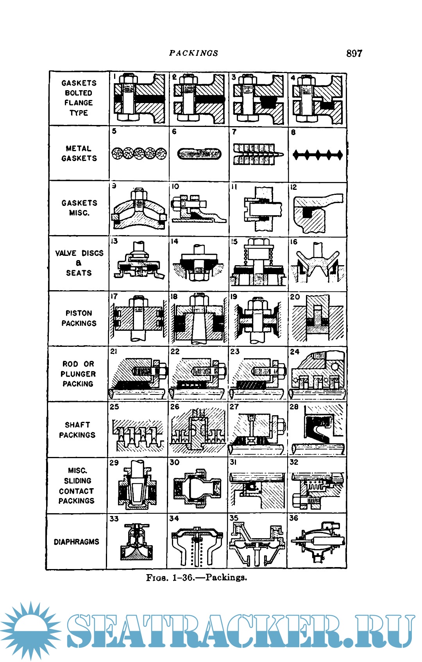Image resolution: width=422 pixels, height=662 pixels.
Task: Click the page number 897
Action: pyautogui.click(x=354, y=53)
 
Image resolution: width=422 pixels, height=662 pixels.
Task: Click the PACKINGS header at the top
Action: pyautogui.click(x=194, y=53)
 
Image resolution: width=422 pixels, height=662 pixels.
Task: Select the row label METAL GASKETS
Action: pyautogui.click(x=79, y=153)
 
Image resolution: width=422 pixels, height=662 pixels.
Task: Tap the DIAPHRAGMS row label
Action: pyautogui.click(x=76, y=542)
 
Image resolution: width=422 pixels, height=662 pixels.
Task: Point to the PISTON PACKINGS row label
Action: pyautogui.click(x=79, y=318)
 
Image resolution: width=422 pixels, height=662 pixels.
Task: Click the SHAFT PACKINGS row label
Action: pyautogui.click(x=77, y=430)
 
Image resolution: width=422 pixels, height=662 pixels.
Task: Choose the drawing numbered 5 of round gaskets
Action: pyautogui.click(x=139, y=153)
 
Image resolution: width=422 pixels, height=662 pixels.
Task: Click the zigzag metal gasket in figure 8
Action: pyautogui.click(x=318, y=154)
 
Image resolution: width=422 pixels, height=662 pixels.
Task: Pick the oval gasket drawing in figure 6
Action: pyautogui.click(x=199, y=154)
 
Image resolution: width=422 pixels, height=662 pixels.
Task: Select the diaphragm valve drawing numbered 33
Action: pyautogui.click(x=137, y=542)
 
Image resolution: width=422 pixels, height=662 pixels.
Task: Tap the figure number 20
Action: pyautogui.click(x=295, y=297)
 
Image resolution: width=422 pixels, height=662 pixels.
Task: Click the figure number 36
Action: pyautogui.click(x=294, y=518)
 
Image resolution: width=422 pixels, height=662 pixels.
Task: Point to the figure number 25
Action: pyautogui.click(x=114, y=407)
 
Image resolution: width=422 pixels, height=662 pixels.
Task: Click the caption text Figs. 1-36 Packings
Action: pyautogui.click(x=197, y=577)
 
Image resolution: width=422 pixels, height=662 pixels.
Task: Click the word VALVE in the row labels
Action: pyautogui.click(x=66, y=253)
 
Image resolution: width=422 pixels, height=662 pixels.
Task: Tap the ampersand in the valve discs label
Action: pyautogui.click(x=79, y=263)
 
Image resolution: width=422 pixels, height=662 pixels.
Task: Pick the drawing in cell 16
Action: pyautogui.click(x=317, y=263)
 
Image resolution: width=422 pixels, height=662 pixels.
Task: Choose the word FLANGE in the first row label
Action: pyautogui.click(x=79, y=103)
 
